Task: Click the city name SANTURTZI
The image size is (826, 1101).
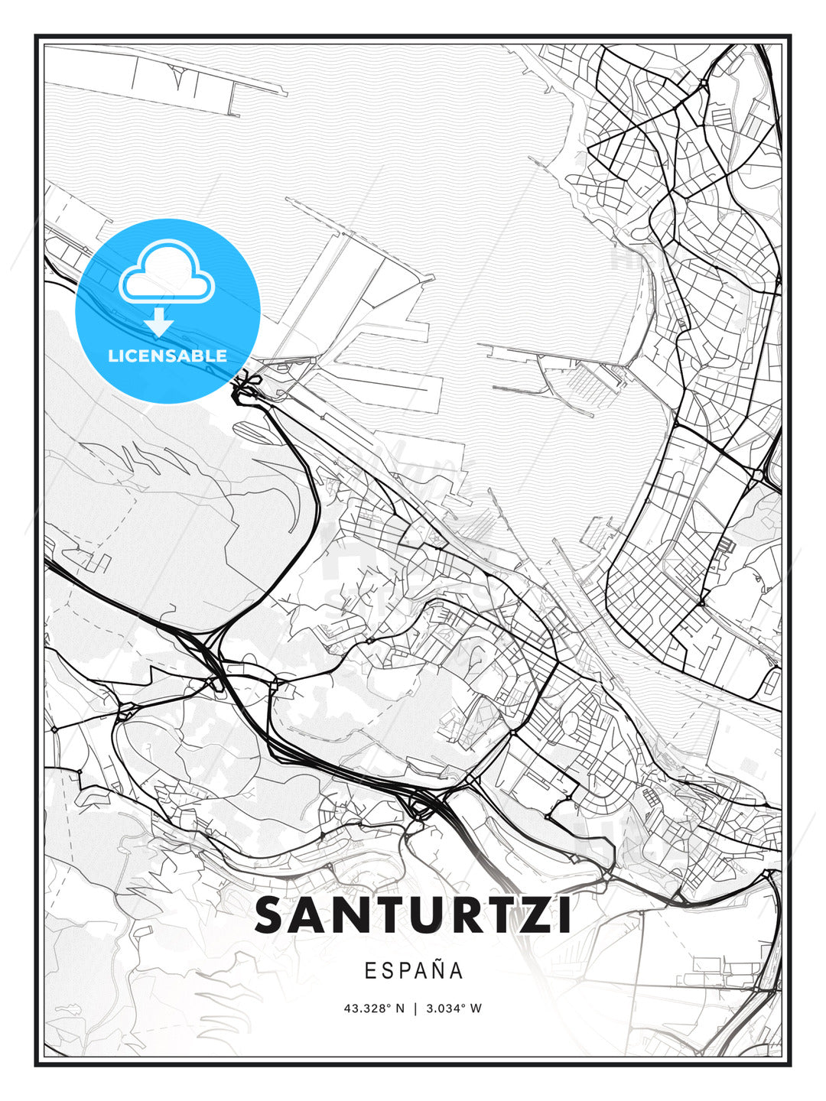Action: (x=413, y=915)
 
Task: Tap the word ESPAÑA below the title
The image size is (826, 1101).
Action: (x=414, y=971)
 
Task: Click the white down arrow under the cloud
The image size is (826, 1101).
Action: (x=159, y=322)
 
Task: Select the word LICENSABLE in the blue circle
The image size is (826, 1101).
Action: (x=167, y=356)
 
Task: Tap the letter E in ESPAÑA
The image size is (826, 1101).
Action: (x=370, y=971)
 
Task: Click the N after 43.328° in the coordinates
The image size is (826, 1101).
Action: (x=398, y=1008)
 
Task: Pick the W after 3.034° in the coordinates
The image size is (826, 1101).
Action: (x=476, y=1008)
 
